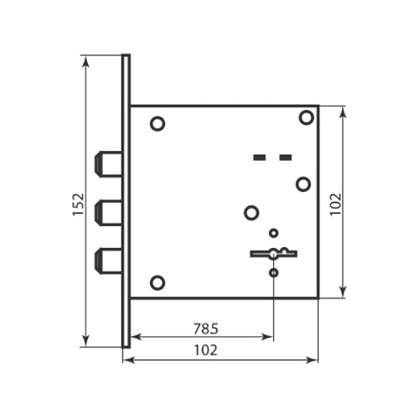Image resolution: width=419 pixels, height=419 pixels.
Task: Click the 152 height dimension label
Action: pyautogui.click(x=78, y=204)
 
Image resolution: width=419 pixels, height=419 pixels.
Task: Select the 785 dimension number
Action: pyautogui.click(x=206, y=328)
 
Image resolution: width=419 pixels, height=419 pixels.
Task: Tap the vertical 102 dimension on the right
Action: pyautogui.click(x=335, y=204)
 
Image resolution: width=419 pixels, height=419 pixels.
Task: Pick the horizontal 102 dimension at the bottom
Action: pyautogui.click(x=206, y=350)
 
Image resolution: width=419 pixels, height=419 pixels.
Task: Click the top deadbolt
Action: pyautogui.click(x=108, y=164)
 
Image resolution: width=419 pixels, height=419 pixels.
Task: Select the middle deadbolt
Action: pyautogui.click(x=108, y=213)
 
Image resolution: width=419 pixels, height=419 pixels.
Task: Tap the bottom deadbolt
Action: pyautogui.click(x=108, y=261)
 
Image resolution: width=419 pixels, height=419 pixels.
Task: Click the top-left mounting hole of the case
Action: pyautogui.click(x=158, y=124)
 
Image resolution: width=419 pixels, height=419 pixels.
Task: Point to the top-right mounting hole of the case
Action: pyautogui.click(x=307, y=117)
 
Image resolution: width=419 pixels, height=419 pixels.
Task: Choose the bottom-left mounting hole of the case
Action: pyautogui.click(x=158, y=282)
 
